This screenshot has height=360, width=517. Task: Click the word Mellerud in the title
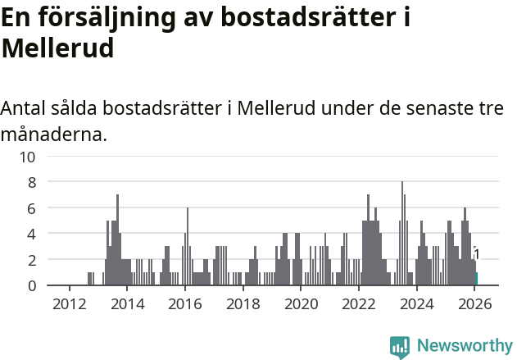(x=57, y=48)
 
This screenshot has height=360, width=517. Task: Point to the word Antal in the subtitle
(x=25, y=109)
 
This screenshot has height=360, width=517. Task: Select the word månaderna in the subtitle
(x=52, y=134)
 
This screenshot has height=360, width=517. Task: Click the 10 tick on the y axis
(x=27, y=157)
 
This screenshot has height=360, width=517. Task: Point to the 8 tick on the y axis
(x=31, y=183)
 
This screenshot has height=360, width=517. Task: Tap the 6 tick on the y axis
(x=31, y=208)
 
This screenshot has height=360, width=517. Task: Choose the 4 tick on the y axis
(x=31, y=235)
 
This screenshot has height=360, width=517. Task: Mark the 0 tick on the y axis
(x=31, y=285)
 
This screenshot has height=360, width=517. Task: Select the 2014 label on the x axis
(x=127, y=303)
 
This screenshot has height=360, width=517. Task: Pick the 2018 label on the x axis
(x=243, y=303)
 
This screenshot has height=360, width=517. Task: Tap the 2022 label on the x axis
(x=359, y=303)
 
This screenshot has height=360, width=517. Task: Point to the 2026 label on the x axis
(x=474, y=303)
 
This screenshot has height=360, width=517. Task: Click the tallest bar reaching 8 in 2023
(x=402, y=234)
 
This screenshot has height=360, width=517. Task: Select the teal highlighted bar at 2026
(x=477, y=279)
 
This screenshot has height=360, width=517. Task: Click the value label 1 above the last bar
(x=476, y=254)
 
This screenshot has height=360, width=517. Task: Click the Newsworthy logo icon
(x=400, y=347)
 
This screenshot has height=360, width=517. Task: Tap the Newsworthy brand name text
(x=464, y=346)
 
